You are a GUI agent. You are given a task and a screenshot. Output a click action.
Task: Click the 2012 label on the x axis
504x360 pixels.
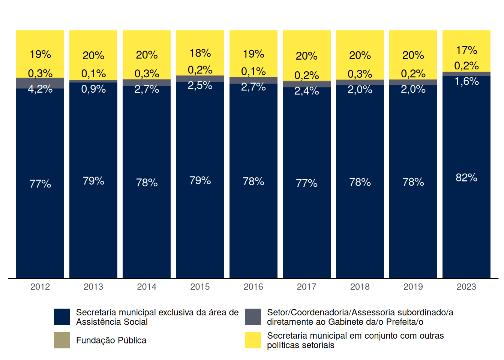click(40, 287)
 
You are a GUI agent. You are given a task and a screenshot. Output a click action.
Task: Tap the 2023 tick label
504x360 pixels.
click(466, 287)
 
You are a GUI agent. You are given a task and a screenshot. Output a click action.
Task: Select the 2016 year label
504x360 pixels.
click(253, 287)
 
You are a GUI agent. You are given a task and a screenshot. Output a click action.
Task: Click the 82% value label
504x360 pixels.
click(466, 177)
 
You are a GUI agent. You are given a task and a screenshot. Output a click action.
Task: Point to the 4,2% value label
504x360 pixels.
click(40, 89)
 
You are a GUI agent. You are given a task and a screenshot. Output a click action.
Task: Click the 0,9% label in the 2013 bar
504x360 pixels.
click(93, 89)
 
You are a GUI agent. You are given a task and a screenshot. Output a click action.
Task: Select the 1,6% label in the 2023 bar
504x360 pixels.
click(466, 81)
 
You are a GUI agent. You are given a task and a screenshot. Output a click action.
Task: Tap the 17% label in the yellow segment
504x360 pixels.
click(466, 50)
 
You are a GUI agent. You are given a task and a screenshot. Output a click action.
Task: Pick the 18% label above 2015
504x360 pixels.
click(200, 53)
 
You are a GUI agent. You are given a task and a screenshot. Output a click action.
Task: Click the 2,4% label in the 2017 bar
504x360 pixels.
click(306, 91)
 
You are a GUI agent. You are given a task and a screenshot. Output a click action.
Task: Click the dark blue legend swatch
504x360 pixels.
click(62, 317)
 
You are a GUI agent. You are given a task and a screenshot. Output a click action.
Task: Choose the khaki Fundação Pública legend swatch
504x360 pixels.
click(62, 340)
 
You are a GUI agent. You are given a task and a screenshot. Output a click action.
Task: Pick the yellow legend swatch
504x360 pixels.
click(253, 340)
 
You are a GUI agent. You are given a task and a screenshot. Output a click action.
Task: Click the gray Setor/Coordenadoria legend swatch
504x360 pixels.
click(253, 317)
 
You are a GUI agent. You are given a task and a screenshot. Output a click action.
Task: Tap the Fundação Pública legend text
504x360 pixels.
click(111, 340)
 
